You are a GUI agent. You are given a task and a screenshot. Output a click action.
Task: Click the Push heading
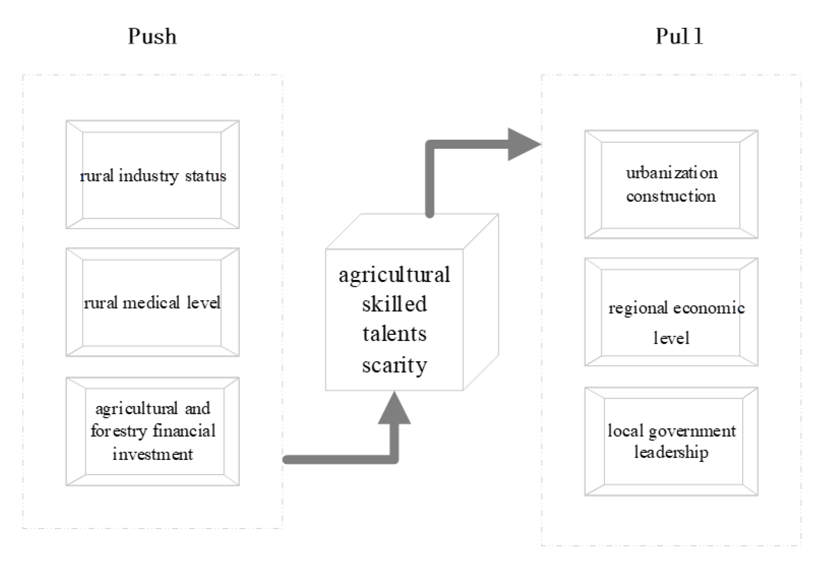click(152, 37)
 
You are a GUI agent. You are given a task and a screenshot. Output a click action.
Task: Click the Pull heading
click(679, 37)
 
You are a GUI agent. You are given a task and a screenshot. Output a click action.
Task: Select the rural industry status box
click(152, 175)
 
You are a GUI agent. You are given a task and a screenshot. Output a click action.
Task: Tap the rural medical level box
click(152, 302)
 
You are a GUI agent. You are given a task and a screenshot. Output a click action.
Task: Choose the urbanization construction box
click(671, 184)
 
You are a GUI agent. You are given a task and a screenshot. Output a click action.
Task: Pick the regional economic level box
click(671, 312)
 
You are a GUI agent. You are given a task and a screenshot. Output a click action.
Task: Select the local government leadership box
click(671, 441)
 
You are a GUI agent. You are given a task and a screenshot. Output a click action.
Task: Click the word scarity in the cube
click(394, 365)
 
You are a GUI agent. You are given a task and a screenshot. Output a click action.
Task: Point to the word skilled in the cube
click(394, 304)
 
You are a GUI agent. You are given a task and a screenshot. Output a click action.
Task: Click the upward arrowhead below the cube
click(394, 409)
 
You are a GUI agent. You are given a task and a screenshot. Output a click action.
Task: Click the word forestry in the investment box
click(119, 431)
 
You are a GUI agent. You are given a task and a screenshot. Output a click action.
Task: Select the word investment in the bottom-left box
click(152, 454)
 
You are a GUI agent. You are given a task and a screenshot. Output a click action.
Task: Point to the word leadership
click(671, 452)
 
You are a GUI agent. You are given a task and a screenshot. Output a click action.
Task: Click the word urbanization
click(672, 173)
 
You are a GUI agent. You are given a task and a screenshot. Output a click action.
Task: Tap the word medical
click(151, 303)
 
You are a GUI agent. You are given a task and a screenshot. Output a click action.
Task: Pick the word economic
click(709, 308)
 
